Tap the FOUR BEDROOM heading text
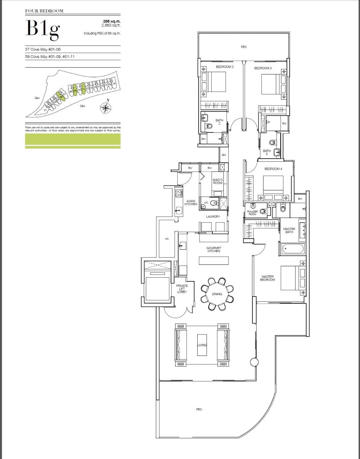click(44, 11)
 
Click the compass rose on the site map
click(106, 108)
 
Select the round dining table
click(217, 294)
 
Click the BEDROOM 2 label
click(224, 67)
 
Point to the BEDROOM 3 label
click(263, 68)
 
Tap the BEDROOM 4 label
click(273, 169)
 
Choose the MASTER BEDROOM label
click(268, 278)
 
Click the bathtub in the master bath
click(293, 248)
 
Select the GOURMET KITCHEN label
click(214, 249)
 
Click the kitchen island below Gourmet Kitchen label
click(214, 260)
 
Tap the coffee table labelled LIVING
click(202, 345)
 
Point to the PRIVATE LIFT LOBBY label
click(182, 289)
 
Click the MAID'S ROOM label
click(218, 181)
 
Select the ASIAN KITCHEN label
click(191, 202)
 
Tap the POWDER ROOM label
click(252, 213)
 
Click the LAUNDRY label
click(213, 217)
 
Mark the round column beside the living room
click(254, 362)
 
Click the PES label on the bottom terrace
click(199, 409)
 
